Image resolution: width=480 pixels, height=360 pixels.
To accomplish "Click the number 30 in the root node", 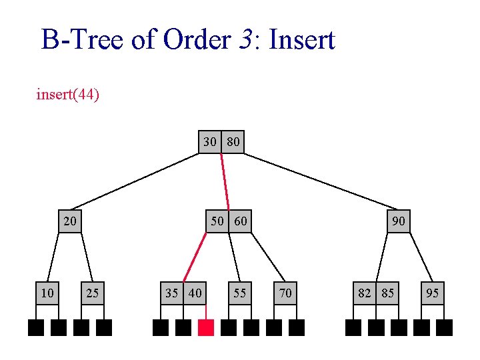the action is [210, 142].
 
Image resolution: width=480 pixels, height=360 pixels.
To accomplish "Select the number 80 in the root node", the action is [233, 142].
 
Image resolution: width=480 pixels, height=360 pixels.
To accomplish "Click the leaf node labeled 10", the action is [47, 293].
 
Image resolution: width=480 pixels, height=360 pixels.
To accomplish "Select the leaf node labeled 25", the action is [93, 293].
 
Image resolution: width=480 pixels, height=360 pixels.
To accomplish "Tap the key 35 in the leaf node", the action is [172, 293].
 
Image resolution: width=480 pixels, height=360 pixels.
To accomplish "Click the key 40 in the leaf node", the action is [195, 293].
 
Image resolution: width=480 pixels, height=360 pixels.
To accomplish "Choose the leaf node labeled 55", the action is [240, 293].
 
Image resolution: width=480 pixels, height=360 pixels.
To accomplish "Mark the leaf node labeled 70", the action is [285, 293].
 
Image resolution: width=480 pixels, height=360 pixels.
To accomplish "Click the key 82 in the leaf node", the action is [365, 293].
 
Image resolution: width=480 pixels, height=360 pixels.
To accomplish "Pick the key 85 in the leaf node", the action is [387, 293].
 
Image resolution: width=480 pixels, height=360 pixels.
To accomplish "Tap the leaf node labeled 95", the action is [433, 293].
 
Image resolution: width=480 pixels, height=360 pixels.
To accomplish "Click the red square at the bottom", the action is [206, 327].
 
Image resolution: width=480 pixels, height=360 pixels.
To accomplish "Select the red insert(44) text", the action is [67, 95].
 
